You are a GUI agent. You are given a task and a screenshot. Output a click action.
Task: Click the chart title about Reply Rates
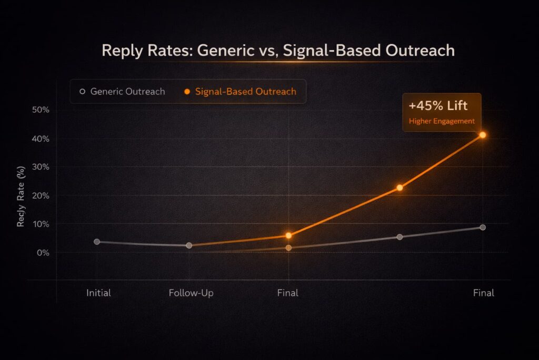277,51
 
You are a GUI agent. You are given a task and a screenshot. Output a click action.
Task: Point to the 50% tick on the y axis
40,110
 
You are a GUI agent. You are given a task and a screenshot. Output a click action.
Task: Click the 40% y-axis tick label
40,139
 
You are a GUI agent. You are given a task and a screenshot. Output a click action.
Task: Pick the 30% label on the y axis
40,167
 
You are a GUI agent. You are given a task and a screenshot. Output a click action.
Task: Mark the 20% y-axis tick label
40,196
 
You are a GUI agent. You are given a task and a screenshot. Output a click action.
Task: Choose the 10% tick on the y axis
40,224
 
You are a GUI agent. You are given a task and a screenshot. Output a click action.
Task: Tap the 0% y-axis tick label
42,252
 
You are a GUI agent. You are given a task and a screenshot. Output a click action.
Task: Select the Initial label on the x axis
98,293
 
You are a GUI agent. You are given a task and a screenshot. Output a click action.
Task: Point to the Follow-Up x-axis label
191,293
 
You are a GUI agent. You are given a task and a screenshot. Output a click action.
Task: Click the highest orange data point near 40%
482,135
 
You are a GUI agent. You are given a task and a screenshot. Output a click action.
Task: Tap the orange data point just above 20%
400,188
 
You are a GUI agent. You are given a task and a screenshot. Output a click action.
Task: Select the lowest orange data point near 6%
288,236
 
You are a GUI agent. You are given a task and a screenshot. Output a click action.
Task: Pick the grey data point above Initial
97,241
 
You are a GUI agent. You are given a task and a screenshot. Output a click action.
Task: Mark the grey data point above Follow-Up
189,246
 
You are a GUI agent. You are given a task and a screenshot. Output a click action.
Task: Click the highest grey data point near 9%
483,227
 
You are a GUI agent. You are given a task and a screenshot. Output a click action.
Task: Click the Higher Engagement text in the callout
442,121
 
